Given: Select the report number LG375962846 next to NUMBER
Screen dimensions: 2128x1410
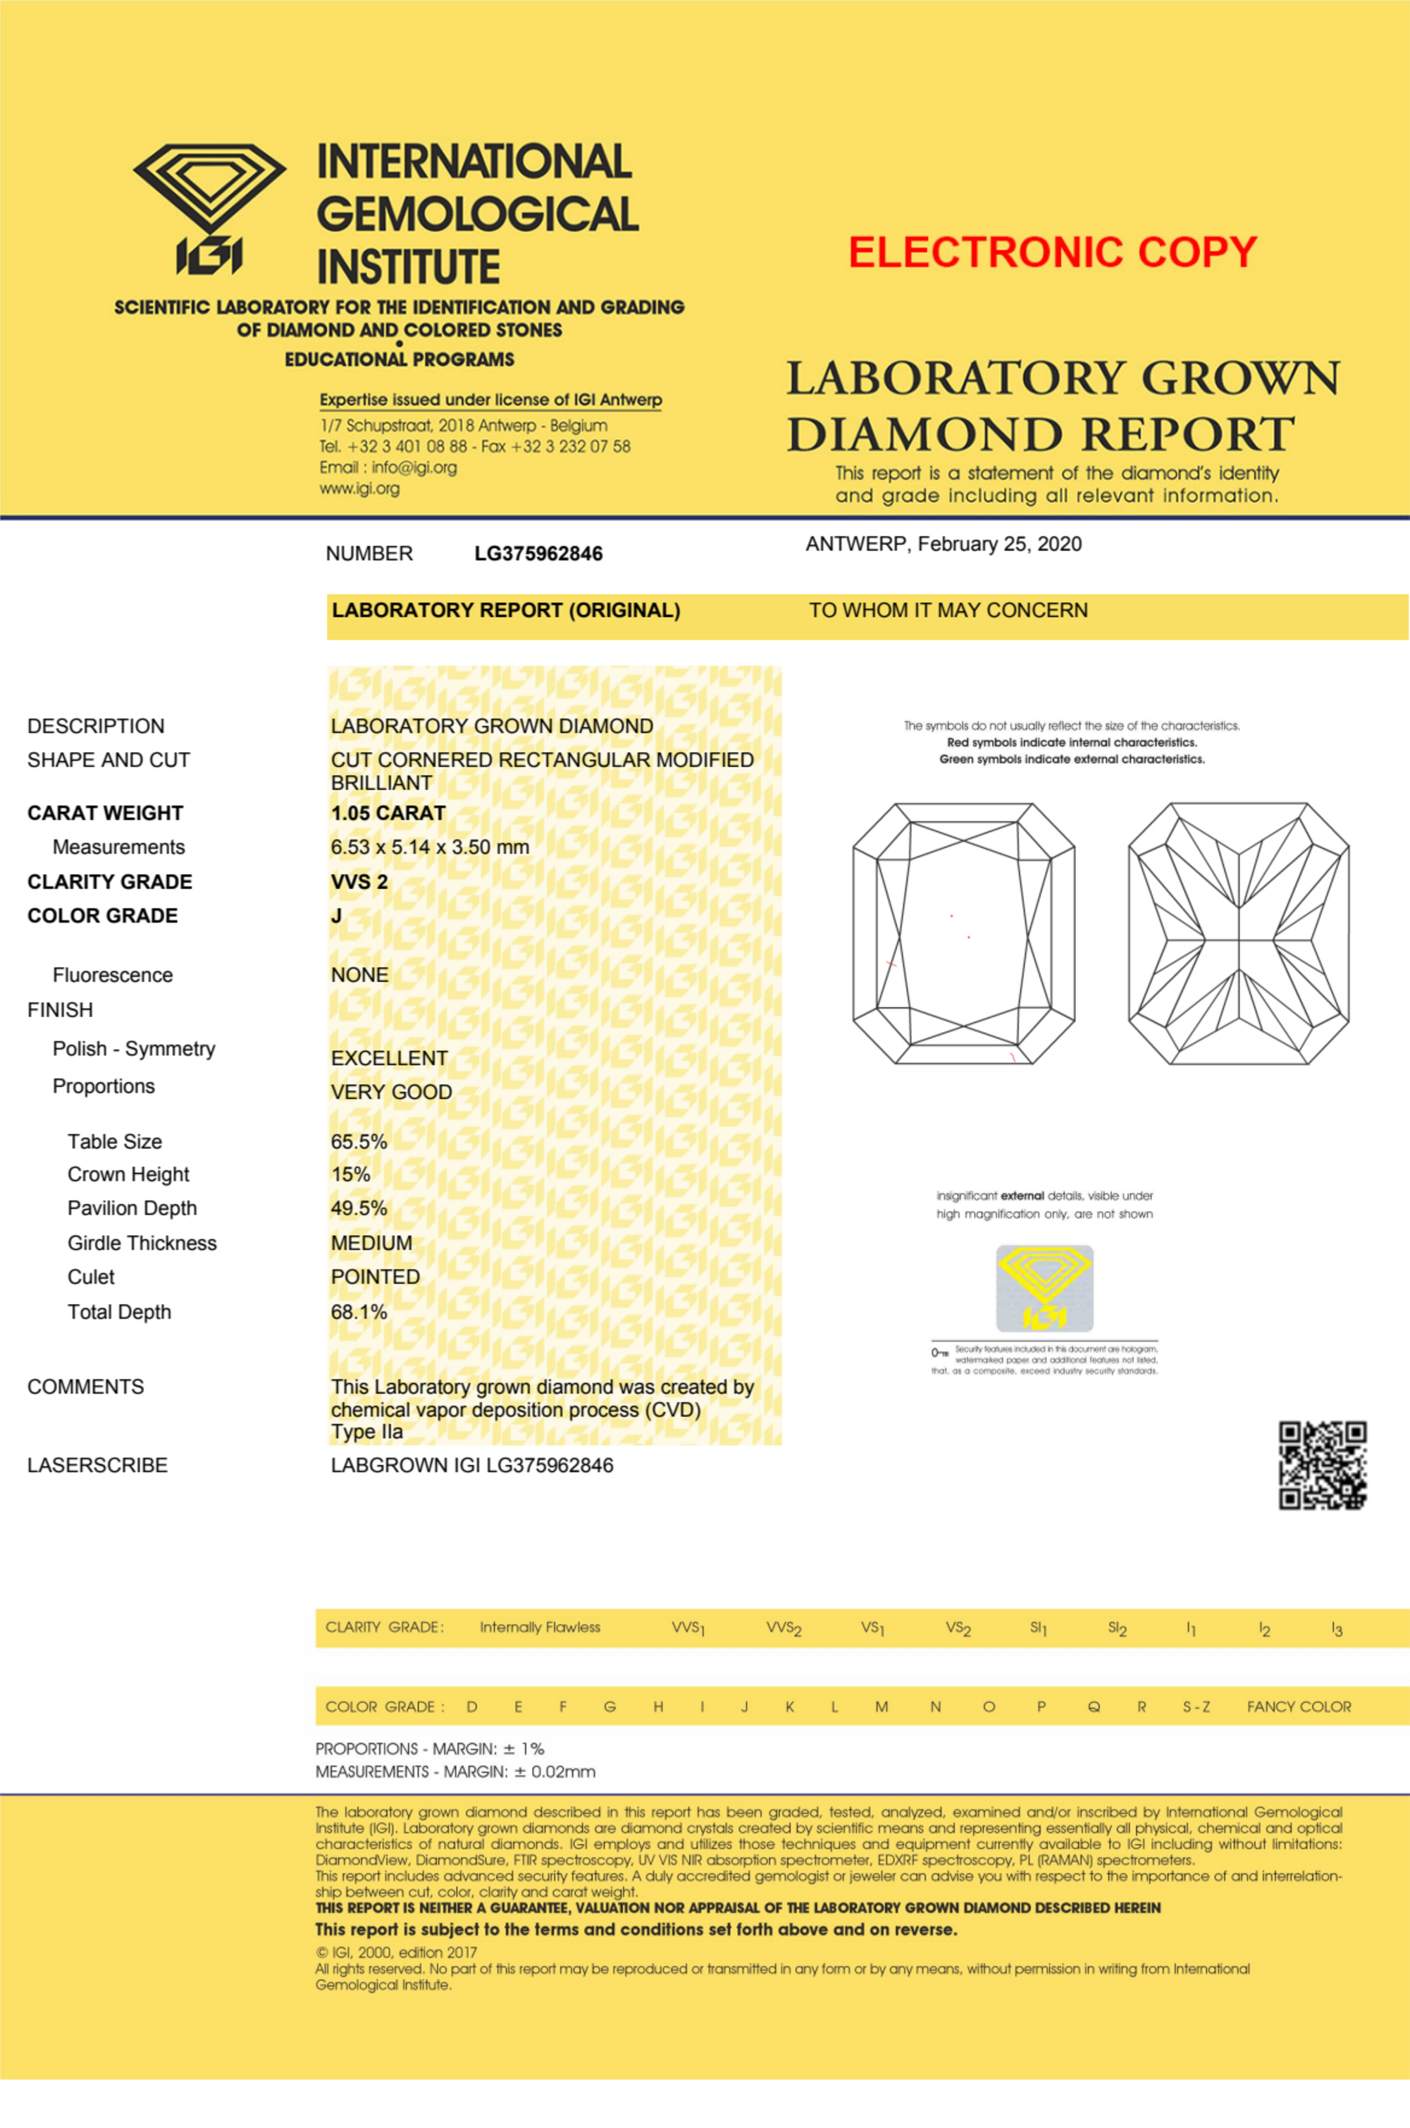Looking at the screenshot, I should pos(538,554).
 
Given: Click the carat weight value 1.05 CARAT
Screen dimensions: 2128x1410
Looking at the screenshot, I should pos(388,813).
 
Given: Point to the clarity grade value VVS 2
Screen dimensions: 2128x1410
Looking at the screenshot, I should pos(359,882).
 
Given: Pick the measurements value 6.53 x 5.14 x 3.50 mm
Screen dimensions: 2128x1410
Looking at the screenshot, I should pos(429,847).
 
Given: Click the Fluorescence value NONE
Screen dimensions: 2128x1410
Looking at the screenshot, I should pos(359,975).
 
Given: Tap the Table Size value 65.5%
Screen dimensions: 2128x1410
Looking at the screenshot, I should pos(359,1143).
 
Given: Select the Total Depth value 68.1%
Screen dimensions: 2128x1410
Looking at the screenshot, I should pos(359,1312).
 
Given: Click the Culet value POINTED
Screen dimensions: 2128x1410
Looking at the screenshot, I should pos(375,1277).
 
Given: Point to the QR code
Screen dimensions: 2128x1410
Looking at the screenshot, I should pos(1323,1465).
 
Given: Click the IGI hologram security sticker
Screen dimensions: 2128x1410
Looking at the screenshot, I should pos(1044,1288).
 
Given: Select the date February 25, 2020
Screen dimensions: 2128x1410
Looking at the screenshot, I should pos(999,544).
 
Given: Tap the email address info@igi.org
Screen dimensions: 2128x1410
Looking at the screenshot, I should pos(414,468).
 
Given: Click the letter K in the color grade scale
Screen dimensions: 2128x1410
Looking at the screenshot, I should pos(789,1707).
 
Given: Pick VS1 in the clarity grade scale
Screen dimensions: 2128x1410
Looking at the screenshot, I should pos(872,1628).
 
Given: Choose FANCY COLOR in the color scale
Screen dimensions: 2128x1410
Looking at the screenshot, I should pos(1299,1707).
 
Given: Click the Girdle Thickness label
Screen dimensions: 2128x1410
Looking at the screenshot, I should pos(142,1244).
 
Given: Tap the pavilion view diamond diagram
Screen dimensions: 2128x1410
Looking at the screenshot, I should pos(1238,933).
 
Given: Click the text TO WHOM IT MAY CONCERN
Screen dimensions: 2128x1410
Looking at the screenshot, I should pos(948,610).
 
